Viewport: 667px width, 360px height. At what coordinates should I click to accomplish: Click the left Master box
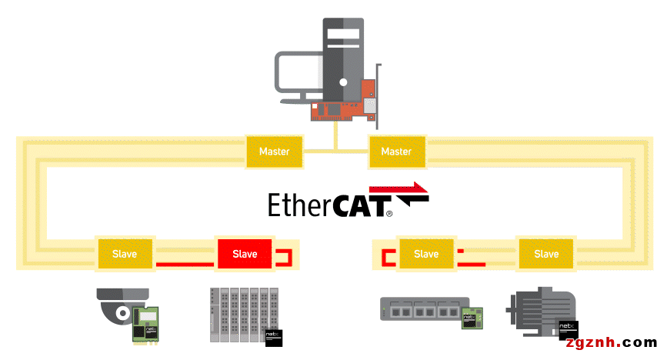(275, 152)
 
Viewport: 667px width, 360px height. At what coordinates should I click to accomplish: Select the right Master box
(396, 152)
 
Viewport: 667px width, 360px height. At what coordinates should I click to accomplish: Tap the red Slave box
(245, 254)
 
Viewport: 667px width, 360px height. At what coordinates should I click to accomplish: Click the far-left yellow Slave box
(125, 254)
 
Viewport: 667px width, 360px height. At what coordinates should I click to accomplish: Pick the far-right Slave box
(546, 254)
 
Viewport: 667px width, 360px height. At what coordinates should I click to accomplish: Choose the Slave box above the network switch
(426, 254)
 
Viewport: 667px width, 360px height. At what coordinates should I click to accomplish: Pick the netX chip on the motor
(568, 330)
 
